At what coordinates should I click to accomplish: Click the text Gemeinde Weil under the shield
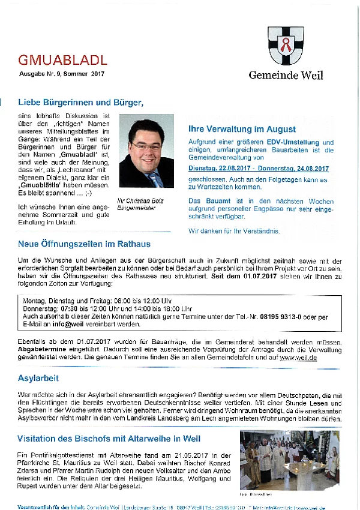tap(286, 75)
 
